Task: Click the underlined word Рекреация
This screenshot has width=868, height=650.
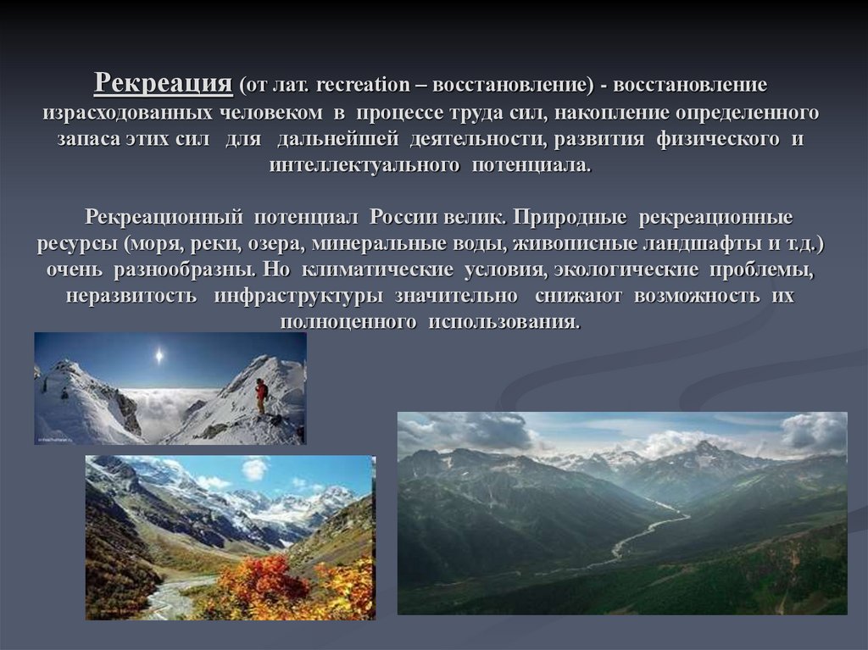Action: pyautogui.click(x=163, y=84)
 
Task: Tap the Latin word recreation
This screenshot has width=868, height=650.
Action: pyautogui.click(x=359, y=86)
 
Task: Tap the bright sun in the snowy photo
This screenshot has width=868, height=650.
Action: pyautogui.click(x=158, y=356)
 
